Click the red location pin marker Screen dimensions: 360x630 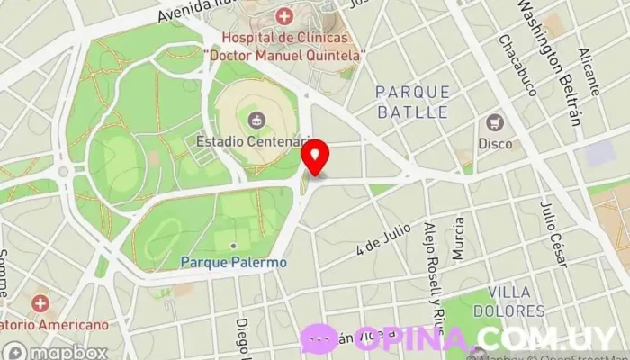(x=314, y=158)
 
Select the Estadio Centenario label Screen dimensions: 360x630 (x=254, y=142)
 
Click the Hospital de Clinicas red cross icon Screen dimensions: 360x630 (x=284, y=16)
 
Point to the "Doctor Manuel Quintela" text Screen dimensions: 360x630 (x=284, y=56)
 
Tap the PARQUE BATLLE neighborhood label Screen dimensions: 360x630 (x=411, y=102)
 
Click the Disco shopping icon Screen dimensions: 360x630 (x=494, y=122)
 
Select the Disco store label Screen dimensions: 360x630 (x=495, y=143)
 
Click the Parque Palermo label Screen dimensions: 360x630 (x=234, y=262)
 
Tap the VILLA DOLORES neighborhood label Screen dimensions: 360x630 (x=517, y=301)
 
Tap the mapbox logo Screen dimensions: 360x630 (x=56, y=352)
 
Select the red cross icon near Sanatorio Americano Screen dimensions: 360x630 (x=40, y=303)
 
